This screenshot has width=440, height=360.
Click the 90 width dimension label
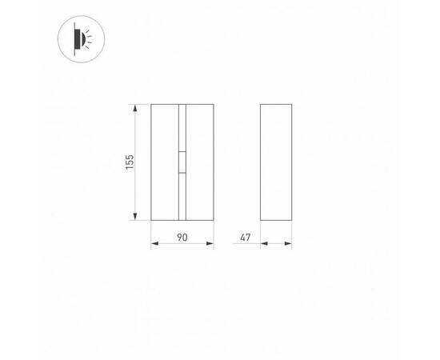(182, 238)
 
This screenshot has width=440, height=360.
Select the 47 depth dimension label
(245, 238)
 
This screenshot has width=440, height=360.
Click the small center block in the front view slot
(182, 162)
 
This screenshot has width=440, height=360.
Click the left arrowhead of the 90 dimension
(154, 246)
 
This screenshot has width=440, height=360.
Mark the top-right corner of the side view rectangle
(291, 104)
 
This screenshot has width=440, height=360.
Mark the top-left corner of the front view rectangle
(151, 104)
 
